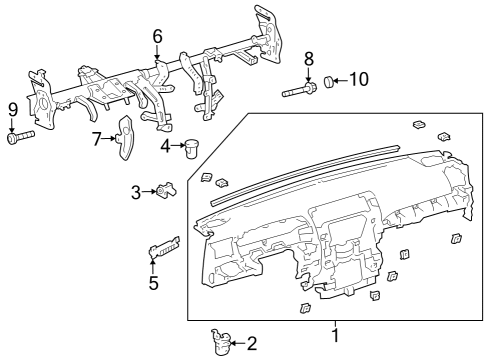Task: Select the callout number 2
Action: [252, 344]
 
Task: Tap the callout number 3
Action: [136, 191]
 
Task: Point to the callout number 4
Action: [165, 146]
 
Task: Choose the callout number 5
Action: [153, 282]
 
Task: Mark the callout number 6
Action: [157, 37]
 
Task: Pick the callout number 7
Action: [97, 138]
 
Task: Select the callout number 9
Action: [13, 108]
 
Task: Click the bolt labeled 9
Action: [19, 138]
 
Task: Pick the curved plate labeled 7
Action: [127, 137]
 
